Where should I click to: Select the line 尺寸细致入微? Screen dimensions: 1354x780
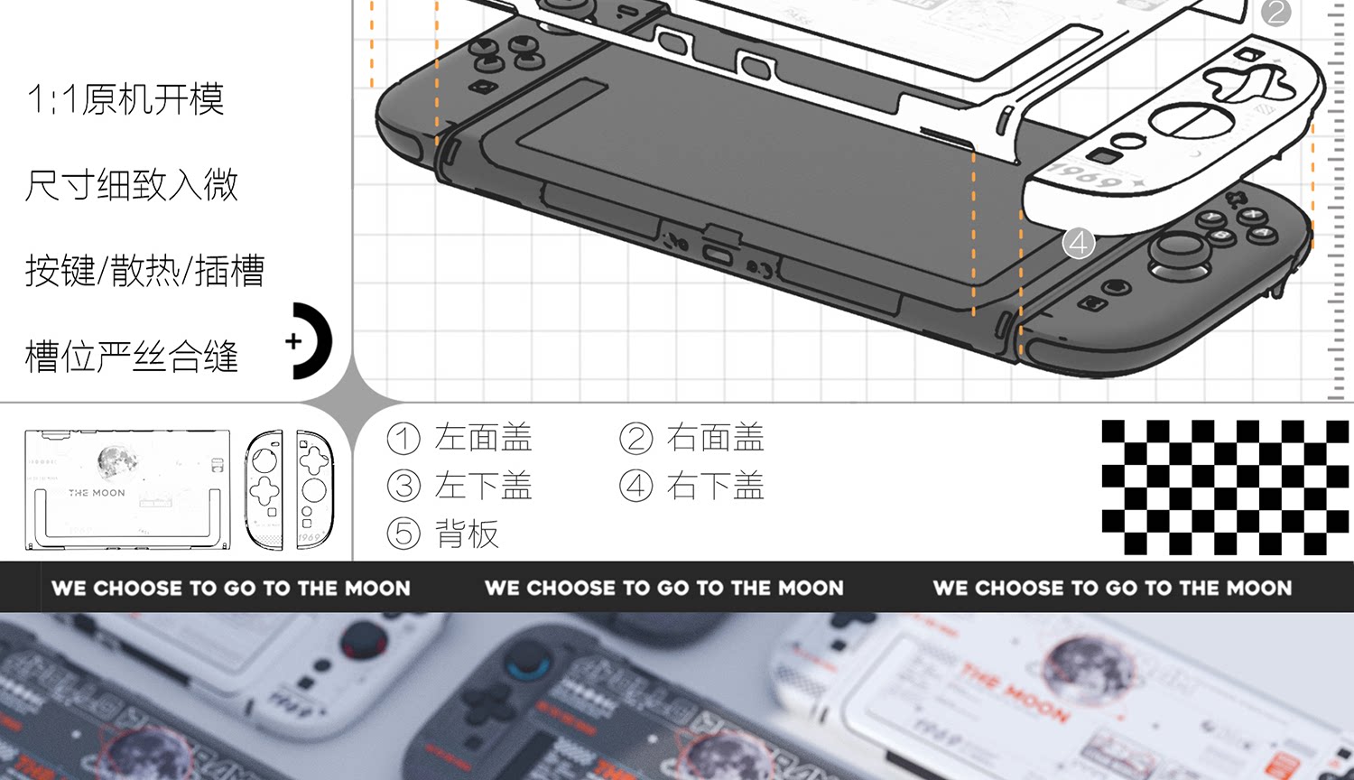coord(132,185)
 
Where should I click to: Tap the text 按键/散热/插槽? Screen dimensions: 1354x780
coord(144,271)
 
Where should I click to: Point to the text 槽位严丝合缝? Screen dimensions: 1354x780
coord(132,357)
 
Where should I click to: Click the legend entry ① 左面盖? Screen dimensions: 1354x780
coord(459,438)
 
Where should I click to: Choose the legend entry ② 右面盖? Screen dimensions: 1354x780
coord(691,438)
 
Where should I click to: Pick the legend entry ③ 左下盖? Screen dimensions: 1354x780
coord(459,486)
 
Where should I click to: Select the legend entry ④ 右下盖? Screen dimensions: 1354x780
coord(691,486)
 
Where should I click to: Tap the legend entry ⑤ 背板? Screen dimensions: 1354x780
coord(442,534)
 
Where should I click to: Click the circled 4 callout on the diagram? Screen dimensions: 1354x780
coord(1079,242)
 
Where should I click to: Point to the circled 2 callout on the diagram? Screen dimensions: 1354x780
coord(1275,12)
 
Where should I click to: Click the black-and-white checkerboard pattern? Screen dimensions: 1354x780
coord(1225,487)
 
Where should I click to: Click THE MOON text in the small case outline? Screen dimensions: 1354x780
coord(97,493)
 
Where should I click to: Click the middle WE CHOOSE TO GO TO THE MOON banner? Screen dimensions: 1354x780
coord(664,588)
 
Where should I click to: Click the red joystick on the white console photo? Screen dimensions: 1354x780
coord(364,642)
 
